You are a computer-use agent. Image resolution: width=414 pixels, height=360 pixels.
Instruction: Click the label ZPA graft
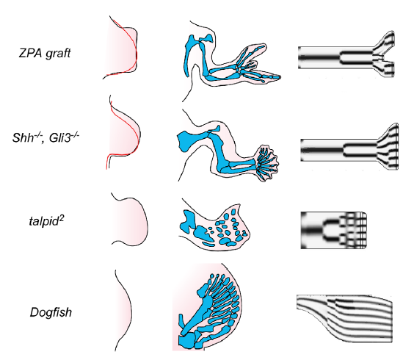(x=45, y=53)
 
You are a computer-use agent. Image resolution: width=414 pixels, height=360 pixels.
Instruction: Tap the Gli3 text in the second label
(x=57, y=137)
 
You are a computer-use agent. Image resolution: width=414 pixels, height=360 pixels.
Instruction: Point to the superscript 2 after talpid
(x=62, y=217)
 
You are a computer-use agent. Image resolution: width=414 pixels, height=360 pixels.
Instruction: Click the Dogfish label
(x=51, y=312)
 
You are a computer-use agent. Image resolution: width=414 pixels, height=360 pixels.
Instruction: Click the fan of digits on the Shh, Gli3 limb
(x=267, y=163)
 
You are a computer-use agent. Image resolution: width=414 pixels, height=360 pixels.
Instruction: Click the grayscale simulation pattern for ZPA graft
(x=346, y=54)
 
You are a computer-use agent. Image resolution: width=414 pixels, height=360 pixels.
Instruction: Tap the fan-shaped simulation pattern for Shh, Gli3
(x=349, y=146)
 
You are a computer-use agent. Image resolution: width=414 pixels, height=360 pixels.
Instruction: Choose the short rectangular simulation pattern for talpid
(x=334, y=230)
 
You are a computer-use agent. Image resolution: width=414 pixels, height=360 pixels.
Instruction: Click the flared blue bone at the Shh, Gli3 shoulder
(x=188, y=140)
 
